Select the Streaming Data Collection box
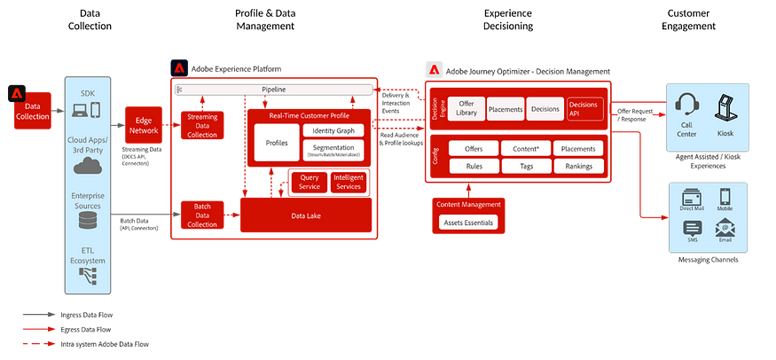(202, 125)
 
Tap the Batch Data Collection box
(202, 214)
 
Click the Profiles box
(277, 142)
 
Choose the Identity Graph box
(333, 130)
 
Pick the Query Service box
(310, 183)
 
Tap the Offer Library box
(466, 108)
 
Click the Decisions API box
(585, 108)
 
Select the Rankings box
(578, 166)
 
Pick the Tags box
(526, 166)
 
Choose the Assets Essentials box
(469, 223)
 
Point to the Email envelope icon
(725, 228)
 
